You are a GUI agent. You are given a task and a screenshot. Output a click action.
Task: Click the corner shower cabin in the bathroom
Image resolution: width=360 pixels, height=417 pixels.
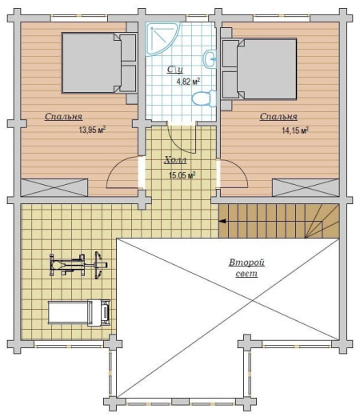162,39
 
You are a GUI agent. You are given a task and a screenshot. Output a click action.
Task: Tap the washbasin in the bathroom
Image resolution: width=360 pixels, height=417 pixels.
210,58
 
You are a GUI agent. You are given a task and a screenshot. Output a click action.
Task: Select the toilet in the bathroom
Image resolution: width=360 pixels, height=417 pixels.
204,98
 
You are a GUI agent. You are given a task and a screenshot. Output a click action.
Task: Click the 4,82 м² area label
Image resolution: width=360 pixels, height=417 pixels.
188,81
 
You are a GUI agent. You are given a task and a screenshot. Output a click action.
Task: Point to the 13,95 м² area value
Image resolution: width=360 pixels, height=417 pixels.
92,130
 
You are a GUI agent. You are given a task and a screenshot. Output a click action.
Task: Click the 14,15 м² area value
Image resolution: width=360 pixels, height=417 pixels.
295,130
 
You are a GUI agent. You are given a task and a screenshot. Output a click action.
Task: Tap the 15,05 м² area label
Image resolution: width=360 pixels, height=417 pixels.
182,175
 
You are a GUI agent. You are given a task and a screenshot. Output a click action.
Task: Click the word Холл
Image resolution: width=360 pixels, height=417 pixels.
175,160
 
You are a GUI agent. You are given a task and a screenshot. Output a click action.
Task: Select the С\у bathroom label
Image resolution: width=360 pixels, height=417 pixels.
175,70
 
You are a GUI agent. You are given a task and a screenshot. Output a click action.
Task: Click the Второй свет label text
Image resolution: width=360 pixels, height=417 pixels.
246,268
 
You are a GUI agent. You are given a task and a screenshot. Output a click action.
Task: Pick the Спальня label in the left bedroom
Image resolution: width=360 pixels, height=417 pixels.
63,117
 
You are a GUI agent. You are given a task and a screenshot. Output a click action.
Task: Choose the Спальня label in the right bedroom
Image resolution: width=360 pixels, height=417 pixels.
278,117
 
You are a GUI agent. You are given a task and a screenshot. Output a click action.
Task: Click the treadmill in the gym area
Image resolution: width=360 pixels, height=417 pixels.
79,312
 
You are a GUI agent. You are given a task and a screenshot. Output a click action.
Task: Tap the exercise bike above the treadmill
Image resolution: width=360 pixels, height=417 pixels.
78,265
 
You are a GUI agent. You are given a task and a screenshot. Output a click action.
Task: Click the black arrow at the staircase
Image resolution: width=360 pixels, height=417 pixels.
222,221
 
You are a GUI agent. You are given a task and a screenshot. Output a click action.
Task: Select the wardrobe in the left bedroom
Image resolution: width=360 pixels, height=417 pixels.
54,187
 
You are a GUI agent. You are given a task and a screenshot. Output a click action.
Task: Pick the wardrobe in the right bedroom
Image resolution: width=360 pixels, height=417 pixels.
306,188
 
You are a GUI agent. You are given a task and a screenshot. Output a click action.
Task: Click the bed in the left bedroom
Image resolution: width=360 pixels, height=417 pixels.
98,63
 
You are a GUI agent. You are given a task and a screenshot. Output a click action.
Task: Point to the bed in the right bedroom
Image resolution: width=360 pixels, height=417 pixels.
259,69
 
